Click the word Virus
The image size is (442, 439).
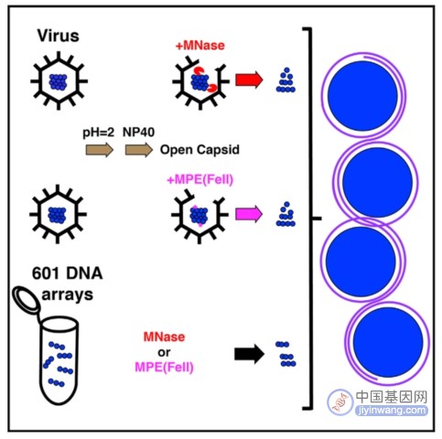59,36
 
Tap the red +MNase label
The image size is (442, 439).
200,46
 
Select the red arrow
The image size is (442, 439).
249,80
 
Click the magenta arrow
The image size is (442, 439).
249,214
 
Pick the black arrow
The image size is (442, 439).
249,354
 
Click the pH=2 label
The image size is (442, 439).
99,133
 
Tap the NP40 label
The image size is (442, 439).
138,132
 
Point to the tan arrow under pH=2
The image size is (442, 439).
100,150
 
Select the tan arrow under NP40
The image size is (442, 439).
139,150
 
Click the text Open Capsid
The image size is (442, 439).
199,150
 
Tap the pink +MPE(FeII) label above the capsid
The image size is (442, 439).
200,179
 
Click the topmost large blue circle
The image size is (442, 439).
362,96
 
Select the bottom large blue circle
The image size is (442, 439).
388,342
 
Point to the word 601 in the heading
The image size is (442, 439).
46,273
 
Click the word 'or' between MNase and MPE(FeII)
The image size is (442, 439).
164,352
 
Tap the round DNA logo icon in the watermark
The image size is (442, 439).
340,402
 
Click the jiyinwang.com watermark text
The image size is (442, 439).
392,410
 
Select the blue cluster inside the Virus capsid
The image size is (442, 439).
58,81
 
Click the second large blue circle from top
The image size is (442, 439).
377,182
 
